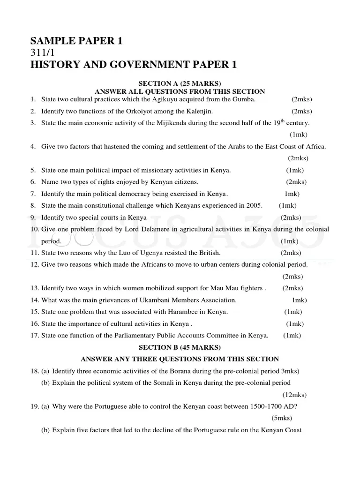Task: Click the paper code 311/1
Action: [43, 53]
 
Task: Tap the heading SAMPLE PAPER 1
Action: [76, 41]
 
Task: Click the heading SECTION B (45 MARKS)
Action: [180, 347]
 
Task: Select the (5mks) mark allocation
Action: [282, 418]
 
